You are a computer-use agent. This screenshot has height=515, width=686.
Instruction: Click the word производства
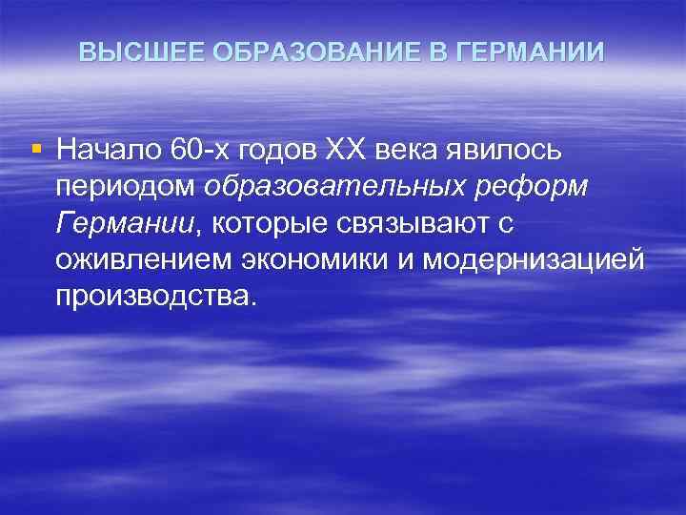tap(156, 297)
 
